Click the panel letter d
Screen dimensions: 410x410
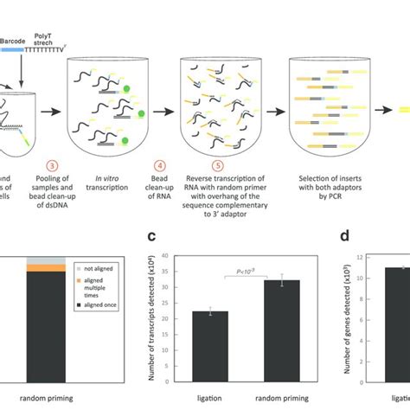tap(344, 234)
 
